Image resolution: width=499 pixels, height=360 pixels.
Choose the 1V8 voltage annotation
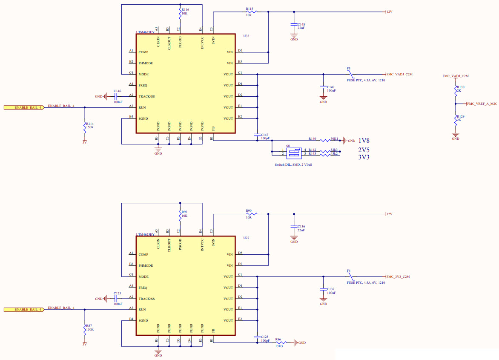364,141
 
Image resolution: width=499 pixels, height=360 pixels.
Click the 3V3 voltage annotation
364,157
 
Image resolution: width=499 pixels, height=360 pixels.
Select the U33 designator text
246,36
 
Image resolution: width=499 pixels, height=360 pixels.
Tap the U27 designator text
246,238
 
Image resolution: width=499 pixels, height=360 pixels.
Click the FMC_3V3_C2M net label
398,276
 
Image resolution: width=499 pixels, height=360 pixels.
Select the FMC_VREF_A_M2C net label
482,104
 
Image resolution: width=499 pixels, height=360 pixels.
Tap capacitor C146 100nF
116,97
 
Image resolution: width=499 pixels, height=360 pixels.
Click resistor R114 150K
85,125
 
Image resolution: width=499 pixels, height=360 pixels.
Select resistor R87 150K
85,328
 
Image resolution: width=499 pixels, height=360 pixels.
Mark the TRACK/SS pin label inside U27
146,299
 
